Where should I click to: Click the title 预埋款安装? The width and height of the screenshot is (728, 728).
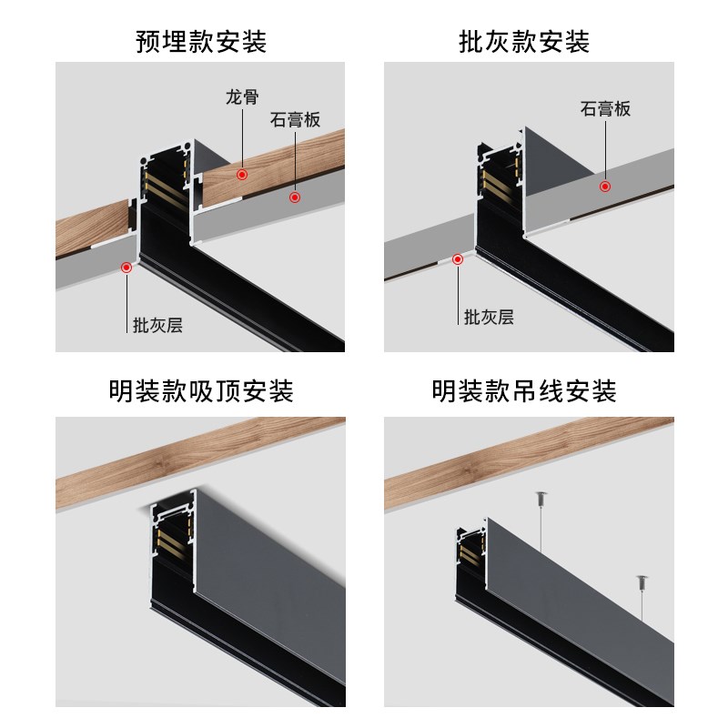pyautogui.click(x=200, y=41)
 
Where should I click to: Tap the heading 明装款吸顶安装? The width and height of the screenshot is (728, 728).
pyautogui.click(x=200, y=392)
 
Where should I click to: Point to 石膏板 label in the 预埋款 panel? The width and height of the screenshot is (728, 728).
pyautogui.click(x=295, y=120)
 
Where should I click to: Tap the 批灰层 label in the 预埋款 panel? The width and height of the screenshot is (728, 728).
pyautogui.click(x=157, y=325)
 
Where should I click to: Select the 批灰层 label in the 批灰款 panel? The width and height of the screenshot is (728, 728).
pyautogui.click(x=489, y=317)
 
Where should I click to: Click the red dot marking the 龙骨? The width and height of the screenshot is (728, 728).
pyautogui.click(x=241, y=173)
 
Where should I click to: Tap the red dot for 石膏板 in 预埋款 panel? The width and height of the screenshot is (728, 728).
pyautogui.click(x=295, y=196)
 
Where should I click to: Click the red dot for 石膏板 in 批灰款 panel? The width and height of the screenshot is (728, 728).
pyautogui.click(x=604, y=186)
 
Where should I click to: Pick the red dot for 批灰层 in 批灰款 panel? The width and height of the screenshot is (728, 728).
pyautogui.click(x=457, y=258)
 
